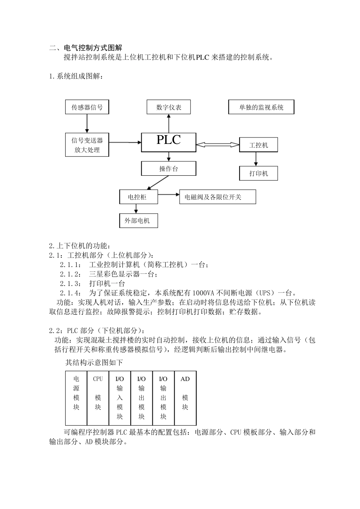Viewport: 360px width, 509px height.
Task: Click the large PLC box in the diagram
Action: (169, 142)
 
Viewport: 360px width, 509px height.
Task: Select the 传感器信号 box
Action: (87, 107)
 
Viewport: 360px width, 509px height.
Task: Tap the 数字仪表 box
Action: (169, 107)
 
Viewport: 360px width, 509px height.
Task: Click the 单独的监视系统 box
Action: (261, 107)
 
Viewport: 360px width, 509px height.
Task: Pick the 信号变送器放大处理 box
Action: (87, 145)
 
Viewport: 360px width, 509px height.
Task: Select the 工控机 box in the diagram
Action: (259, 145)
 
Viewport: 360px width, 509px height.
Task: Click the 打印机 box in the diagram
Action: (259, 173)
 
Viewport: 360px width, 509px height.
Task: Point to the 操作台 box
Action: (169, 169)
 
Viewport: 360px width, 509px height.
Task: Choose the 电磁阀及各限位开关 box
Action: (218, 197)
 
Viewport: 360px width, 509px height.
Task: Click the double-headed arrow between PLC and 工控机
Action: (218, 144)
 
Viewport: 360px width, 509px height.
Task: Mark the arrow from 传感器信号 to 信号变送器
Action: (87, 123)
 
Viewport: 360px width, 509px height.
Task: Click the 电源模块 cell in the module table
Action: (76, 398)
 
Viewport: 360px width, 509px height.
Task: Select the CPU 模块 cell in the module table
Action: (98, 398)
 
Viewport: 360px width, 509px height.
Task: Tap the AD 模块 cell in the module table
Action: (185, 398)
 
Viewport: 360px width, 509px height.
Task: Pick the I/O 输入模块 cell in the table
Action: (120, 398)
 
